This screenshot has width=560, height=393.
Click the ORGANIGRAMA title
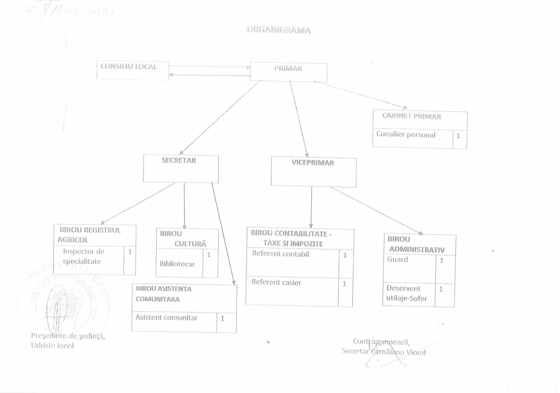click(279, 30)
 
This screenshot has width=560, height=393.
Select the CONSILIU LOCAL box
click(133, 70)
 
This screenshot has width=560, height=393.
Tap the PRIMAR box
click(288, 72)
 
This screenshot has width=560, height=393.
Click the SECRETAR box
click(181, 168)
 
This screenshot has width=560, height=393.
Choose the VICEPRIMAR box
click(313, 172)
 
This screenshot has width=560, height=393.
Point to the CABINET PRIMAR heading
click(411, 117)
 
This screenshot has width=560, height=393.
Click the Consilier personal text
click(406, 135)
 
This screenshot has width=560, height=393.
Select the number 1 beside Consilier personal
click(458, 136)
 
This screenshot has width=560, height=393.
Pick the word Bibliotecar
click(177, 264)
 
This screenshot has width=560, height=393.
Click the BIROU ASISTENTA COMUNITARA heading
click(163, 294)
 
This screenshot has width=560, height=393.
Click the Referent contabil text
click(280, 254)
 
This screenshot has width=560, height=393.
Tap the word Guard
click(397, 260)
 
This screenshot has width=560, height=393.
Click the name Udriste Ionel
click(53, 345)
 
